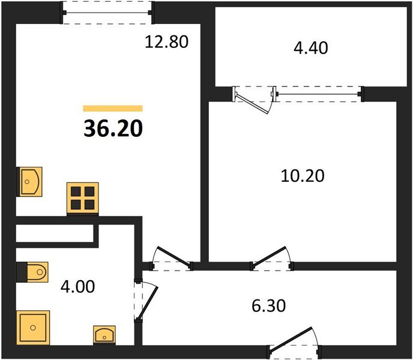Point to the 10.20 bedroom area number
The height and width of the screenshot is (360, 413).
click(x=303, y=176)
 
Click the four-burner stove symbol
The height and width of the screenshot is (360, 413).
click(x=82, y=197)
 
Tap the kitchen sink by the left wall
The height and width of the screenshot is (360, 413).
click(x=30, y=181)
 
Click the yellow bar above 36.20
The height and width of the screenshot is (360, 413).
click(x=113, y=109)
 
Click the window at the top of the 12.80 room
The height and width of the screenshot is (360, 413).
click(x=109, y=11)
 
